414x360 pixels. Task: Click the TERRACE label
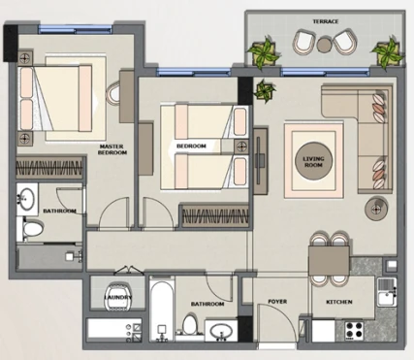[x=326, y=21]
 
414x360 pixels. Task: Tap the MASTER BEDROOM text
[x=112, y=149]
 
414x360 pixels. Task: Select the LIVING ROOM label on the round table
[x=313, y=162]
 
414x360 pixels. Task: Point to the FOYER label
[x=277, y=302]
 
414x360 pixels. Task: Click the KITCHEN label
[x=339, y=302]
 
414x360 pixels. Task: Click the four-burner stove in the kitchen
[x=354, y=330]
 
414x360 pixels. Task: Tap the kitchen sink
[x=387, y=292]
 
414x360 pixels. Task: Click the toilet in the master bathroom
[x=31, y=229]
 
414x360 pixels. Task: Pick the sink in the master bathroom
[x=27, y=199]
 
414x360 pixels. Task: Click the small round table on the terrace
[x=324, y=45]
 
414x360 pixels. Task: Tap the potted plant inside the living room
[x=265, y=91]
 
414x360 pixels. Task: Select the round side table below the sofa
[x=376, y=209]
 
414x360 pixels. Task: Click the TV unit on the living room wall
[x=261, y=161]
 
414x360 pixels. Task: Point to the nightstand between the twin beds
[x=241, y=147]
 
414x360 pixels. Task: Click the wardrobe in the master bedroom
[x=50, y=168]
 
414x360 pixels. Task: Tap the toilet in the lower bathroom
[x=190, y=324]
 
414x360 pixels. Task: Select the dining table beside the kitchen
[x=330, y=260]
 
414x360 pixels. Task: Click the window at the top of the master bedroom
[x=76, y=29]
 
